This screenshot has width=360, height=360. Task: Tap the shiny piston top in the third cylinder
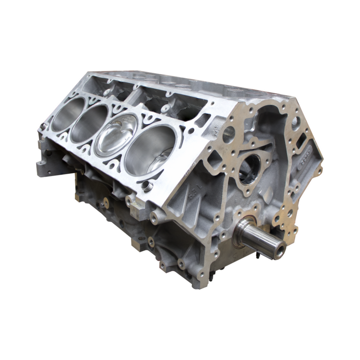[117, 137]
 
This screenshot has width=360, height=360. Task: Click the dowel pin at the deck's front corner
[149, 185]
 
